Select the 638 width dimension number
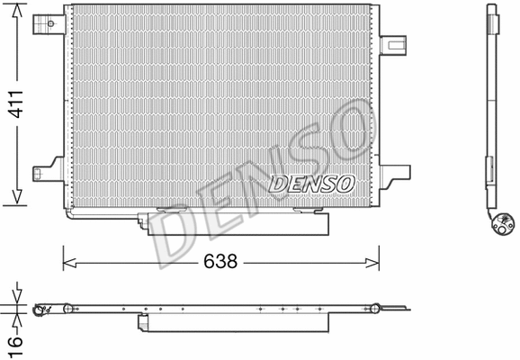(x=220, y=262)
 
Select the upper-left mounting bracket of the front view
(x=48, y=23)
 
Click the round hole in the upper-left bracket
(x=41, y=23)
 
